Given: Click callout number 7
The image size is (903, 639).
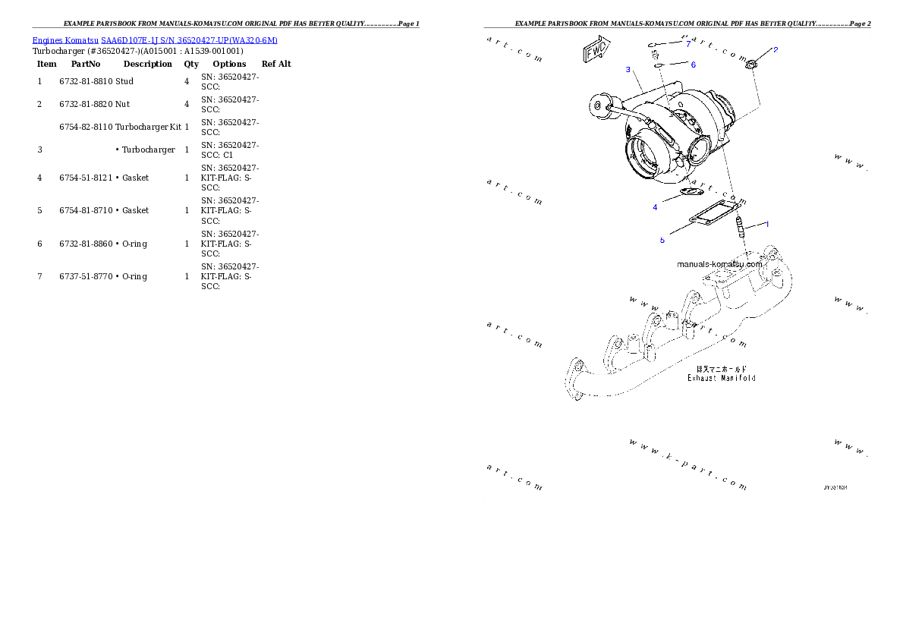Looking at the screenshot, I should (688, 44).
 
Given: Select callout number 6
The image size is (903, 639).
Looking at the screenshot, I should (693, 65).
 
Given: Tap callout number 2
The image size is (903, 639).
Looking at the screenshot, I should (775, 50).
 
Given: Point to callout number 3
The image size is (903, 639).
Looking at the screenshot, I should (628, 69).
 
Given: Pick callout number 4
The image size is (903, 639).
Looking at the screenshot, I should (655, 206).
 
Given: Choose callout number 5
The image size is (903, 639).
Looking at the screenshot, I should (662, 240).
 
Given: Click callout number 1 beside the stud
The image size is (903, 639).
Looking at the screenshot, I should (766, 224).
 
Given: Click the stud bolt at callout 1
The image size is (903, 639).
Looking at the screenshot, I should (741, 225).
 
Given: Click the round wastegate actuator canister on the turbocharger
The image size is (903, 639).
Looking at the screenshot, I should (601, 105).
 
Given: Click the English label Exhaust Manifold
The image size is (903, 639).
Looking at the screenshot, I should (721, 377).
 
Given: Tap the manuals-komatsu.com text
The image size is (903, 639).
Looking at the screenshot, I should (719, 264).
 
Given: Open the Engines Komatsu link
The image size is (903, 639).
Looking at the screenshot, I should (66, 40).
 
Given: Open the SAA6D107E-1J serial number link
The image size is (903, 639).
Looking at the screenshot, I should (190, 40).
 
